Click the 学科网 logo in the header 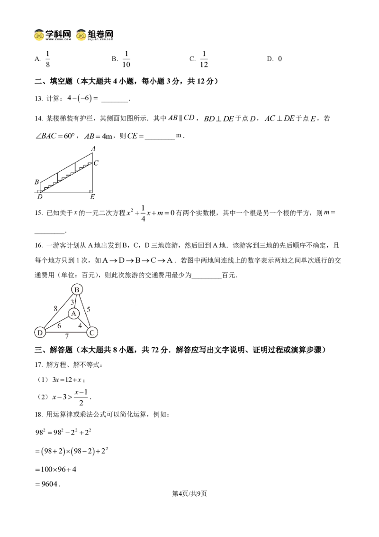tap(53, 35)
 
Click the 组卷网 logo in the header tap(95, 35)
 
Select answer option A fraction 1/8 tap(43, 59)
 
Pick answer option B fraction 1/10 tap(121, 59)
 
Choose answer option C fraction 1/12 tap(199, 59)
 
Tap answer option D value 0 tap(274, 59)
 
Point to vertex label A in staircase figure tap(93, 148)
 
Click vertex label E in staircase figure tap(92, 196)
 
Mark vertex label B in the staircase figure tap(36, 182)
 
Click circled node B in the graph tap(77, 290)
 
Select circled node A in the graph tap(73, 314)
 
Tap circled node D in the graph tap(40, 332)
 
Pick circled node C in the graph tap(92, 332)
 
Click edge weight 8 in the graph tap(55, 308)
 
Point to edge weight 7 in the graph tap(67, 336)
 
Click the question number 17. tap(39, 365)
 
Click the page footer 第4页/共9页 tap(189, 493)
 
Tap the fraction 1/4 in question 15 tap(143, 213)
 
